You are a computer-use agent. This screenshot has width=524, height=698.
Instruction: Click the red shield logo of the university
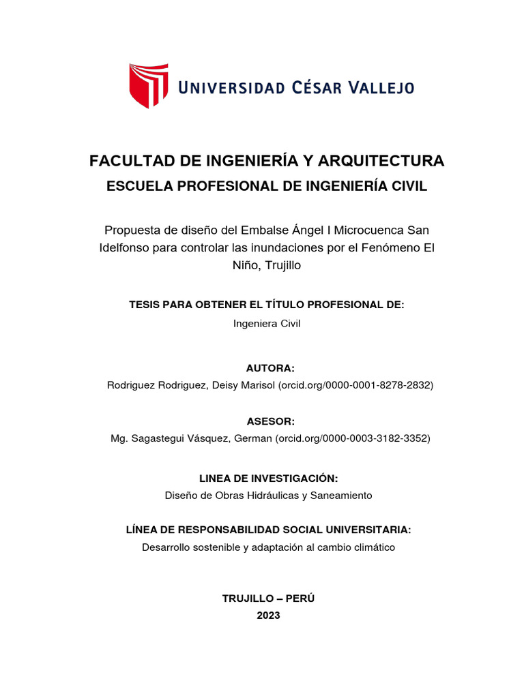(x=149, y=85)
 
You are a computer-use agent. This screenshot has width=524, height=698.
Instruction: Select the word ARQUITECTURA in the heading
(x=385, y=162)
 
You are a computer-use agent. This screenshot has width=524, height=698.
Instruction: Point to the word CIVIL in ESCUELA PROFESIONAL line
(x=408, y=186)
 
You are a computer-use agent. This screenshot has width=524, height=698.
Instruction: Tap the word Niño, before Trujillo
(x=247, y=266)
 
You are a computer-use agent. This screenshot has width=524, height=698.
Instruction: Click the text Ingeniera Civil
(x=267, y=324)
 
